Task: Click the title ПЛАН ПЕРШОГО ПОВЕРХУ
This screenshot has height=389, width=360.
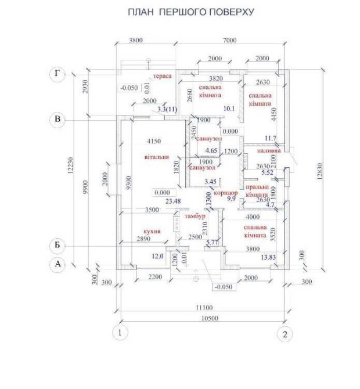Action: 190,12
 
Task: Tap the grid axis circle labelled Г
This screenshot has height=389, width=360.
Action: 57,74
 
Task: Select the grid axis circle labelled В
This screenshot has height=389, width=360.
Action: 57,120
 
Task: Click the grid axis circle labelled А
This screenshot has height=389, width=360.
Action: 57,265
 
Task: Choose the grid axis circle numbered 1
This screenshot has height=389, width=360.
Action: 119,334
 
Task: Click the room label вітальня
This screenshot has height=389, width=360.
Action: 156,157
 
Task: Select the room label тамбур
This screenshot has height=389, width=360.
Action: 196,216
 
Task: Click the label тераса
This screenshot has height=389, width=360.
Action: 161,77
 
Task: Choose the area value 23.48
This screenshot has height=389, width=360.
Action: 173,201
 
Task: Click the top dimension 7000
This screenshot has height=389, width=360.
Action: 230,41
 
